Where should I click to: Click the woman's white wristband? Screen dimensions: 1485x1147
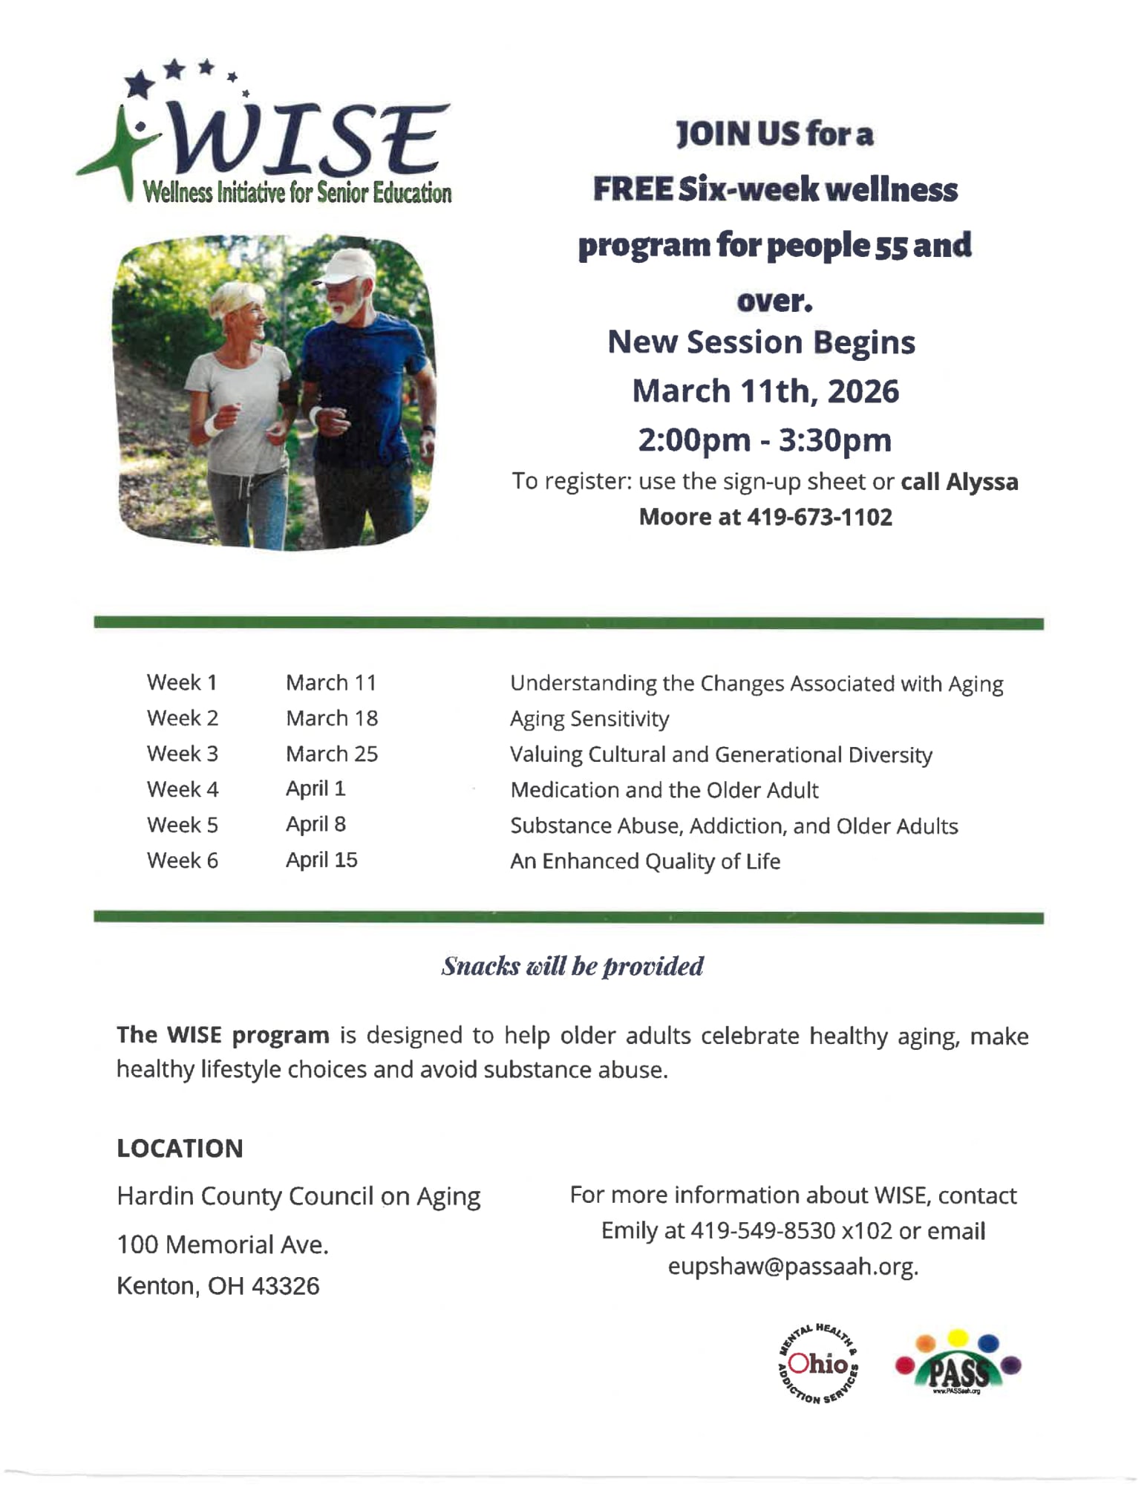tap(213, 425)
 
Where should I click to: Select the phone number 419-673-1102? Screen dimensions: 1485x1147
tap(820, 517)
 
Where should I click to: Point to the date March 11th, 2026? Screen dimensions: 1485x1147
tap(765, 391)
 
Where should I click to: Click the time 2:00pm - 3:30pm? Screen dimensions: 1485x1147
tap(765, 440)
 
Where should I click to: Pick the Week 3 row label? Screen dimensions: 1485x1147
tap(183, 754)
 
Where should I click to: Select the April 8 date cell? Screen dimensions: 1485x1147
tap(316, 824)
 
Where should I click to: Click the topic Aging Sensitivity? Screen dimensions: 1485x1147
tap(589, 719)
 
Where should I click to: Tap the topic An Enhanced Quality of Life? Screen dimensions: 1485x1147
tap(645, 861)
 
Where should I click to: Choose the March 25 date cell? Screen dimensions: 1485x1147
tap(332, 754)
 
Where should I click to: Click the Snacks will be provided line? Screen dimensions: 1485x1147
tap(572, 966)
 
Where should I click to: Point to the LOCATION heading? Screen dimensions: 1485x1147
tap(180, 1148)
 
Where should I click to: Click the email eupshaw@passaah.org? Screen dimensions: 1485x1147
tap(793, 1266)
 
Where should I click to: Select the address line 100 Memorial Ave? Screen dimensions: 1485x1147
tap(223, 1244)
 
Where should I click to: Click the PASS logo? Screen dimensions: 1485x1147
tap(958, 1365)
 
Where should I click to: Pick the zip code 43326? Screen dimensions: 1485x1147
tap(285, 1286)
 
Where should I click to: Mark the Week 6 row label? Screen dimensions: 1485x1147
tap(183, 861)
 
